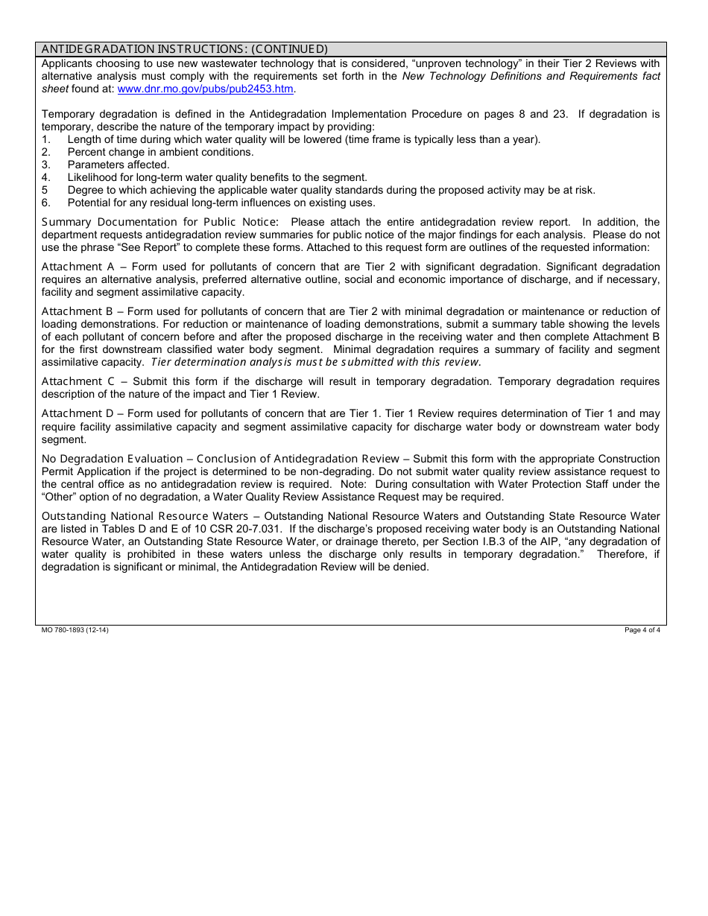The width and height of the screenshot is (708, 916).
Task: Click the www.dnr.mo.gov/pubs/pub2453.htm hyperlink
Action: pos(206,89)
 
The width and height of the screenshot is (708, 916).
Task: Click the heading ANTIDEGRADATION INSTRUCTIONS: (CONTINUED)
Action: pos(185,49)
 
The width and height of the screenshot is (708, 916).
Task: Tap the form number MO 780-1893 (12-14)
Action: pos(70,630)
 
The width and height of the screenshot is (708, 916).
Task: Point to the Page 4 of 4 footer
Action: pos(642,630)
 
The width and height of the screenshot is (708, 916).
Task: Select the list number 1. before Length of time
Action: pos(45,139)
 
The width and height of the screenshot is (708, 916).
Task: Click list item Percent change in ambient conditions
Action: pos(160,152)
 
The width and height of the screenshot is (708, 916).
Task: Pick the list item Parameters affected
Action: pos(118,165)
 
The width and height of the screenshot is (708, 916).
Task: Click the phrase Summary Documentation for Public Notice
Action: pos(160,222)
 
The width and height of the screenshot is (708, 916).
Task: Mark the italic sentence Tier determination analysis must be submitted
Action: pos(316,362)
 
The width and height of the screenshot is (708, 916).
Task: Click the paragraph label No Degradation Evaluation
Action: pos(112,459)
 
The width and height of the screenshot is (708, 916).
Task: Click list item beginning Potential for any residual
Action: pos(221,203)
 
